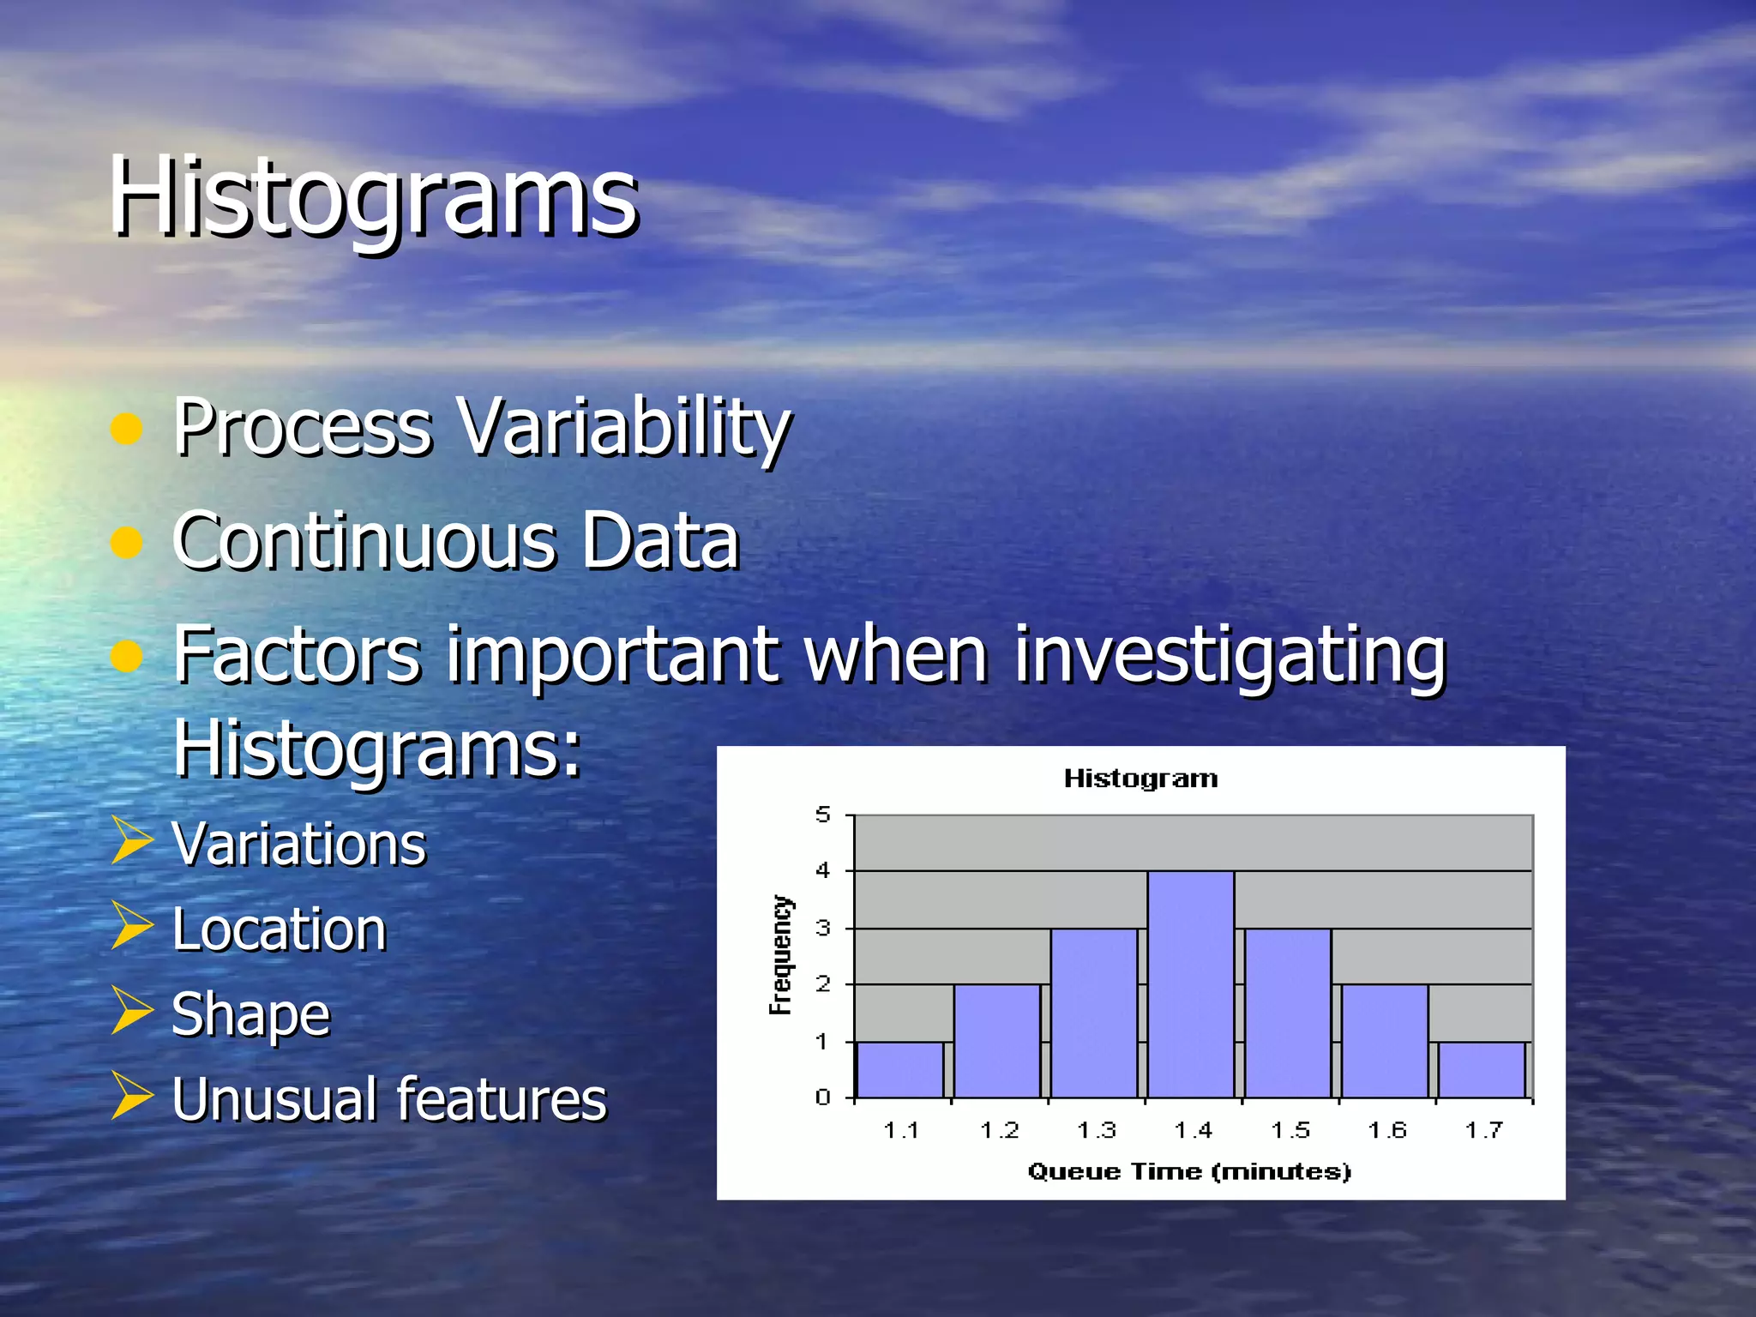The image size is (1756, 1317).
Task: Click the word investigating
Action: [x=1230, y=655]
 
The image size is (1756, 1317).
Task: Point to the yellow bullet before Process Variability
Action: [x=126, y=428]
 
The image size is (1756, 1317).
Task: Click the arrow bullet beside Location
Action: [x=131, y=927]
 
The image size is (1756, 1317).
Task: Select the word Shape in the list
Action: [x=250, y=1013]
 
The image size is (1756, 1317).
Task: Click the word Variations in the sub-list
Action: [x=298, y=844]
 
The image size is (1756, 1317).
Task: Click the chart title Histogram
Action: [x=1140, y=779]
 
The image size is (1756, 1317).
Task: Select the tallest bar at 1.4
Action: [x=1190, y=984]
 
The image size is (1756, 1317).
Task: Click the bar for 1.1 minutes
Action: [x=900, y=1069]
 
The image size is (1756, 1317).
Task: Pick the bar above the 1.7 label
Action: [x=1482, y=1069]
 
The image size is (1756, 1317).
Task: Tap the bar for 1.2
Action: [x=997, y=1041]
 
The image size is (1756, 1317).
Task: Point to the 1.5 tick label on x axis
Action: [x=1290, y=1130]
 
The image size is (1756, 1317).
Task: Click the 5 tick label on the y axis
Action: [x=822, y=815]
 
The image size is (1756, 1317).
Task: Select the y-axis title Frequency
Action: [x=780, y=955]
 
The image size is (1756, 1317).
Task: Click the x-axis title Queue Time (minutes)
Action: [x=1189, y=1171]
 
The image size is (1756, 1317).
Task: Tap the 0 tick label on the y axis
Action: [x=822, y=1097]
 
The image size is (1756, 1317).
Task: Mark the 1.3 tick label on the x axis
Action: [x=1096, y=1130]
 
